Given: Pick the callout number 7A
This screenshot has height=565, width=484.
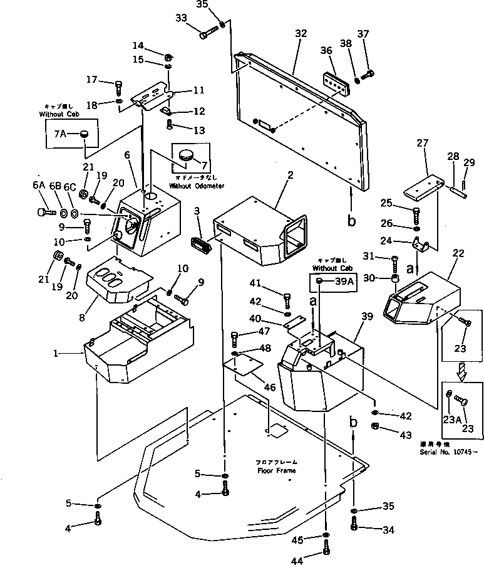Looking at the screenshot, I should pyautogui.click(x=60, y=134).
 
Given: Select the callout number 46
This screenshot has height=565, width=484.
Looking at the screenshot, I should pyautogui.click(x=269, y=388).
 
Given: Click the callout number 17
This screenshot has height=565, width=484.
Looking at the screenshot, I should pyautogui.click(x=92, y=80).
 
